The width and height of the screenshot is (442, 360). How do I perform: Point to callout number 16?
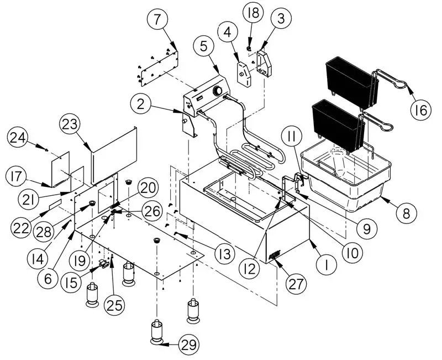[420, 111]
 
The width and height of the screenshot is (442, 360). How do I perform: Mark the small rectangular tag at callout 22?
[55, 205]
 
